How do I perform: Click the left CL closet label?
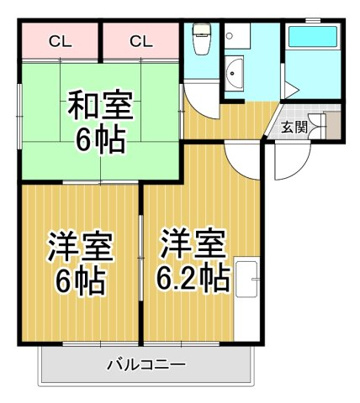(60, 42)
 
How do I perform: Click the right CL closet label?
(141, 42)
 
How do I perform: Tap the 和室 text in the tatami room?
(100, 106)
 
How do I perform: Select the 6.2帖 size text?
(193, 278)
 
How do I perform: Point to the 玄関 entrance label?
(294, 127)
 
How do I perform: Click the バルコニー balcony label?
(146, 365)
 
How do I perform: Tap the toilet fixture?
(201, 40)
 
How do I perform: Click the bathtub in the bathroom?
(313, 37)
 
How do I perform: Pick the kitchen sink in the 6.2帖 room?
(247, 279)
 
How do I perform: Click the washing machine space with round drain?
(237, 35)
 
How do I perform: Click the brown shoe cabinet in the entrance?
(333, 126)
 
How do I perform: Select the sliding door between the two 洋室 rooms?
(141, 258)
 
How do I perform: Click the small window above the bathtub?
(313, 20)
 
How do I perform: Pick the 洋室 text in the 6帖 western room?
(80, 247)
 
